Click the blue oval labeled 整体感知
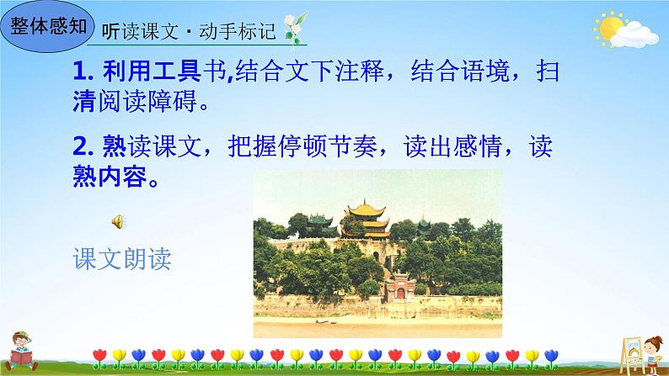47,26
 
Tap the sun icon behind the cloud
609,29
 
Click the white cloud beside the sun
634,35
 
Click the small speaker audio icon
118,221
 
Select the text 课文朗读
122,258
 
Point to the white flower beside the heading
295,29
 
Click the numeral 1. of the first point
83,71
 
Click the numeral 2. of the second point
83,146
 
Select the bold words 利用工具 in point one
152,71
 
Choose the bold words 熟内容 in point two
110,177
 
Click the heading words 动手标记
238,31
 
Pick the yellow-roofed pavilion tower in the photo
367,220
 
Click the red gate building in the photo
400,286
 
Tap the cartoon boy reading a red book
21,352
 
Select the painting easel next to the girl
632,355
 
